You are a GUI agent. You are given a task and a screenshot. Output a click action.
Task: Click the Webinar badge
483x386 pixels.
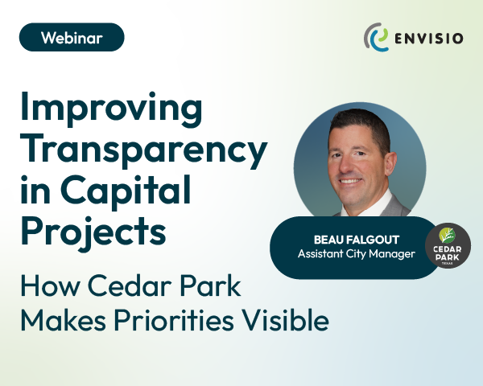tap(72, 37)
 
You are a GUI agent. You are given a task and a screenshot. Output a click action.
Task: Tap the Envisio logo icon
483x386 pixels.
tap(375, 38)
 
